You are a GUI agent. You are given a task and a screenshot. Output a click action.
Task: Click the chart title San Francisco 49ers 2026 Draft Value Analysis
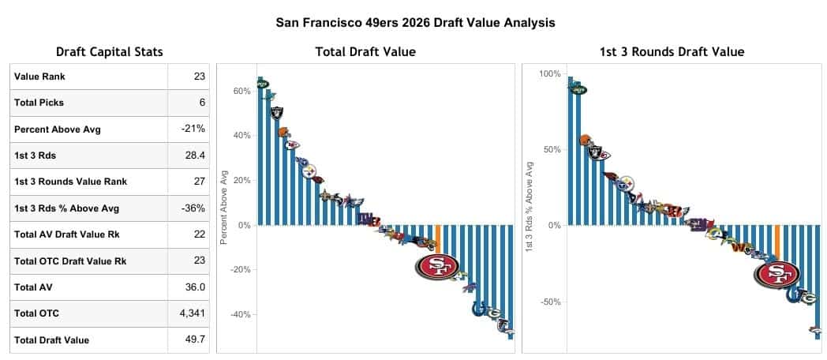pyautogui.click(x=415, y=22)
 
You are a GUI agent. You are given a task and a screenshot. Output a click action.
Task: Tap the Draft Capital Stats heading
pyautogui.click(x=110, y=52)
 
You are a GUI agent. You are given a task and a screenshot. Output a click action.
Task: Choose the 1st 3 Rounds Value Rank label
pyautogui.click(x=70, y=182)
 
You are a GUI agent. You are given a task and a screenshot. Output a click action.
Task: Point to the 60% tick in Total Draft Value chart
pyautogui.click(x=241, y=92)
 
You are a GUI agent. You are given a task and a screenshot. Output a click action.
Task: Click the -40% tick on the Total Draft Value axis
pyautogui.click(x=239, y=314)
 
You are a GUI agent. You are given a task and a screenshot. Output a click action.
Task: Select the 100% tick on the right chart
pyautogui.click(x=550, y=74)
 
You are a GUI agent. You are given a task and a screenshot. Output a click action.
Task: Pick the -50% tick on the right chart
pyautogui.click(x=550, y=302)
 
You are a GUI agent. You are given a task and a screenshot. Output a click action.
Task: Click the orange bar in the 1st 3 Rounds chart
pyautogui.click(x=777, y=242)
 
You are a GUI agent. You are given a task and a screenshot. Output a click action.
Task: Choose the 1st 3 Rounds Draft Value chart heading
pyautogui.click(x=671, y=52)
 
